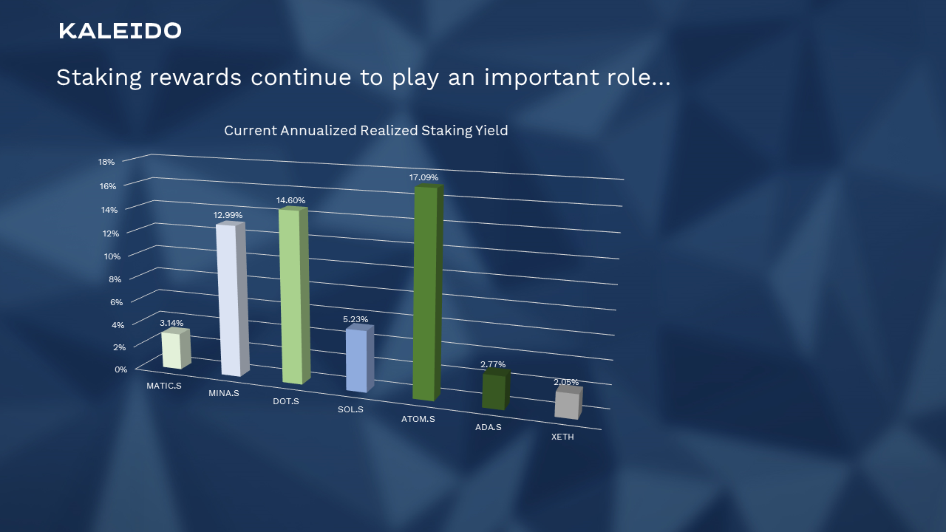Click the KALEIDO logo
point(120,30)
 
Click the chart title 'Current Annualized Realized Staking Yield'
point(366,131)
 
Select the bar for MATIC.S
point(171,349)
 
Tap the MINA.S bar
point(228,299)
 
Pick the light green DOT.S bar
point(290,296)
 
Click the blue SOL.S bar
point(357,360)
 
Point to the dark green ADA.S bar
point(493,392)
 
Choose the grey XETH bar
point(567,405)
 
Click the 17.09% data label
point(423,177)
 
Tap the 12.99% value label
point(228,215)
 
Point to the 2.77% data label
point(493,364)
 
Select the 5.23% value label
point(355,319)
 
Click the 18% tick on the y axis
point(106,162)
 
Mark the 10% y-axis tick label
point(112,256)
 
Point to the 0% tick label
point(121,369)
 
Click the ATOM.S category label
point(418,420)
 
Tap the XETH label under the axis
point(562,437)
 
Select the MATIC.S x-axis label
point(163,386)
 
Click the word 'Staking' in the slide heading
point(98,78)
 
